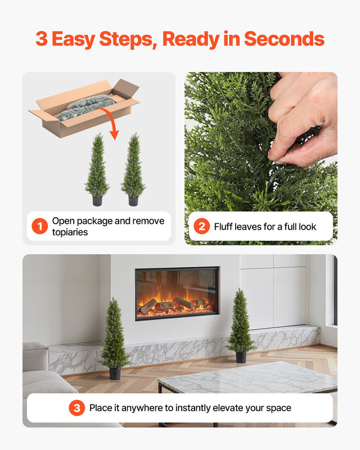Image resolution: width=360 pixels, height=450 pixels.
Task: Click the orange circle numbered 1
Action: (39, 227)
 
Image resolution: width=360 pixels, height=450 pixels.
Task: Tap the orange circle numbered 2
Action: (201, 227)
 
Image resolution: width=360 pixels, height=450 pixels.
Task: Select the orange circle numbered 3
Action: (77, 408)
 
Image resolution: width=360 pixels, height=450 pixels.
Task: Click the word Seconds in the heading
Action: (284, 39)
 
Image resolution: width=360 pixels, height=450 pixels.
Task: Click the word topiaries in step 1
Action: (70, 232)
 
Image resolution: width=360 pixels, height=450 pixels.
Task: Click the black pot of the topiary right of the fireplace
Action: (241, 357)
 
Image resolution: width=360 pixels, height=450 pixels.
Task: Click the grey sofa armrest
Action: (35, 355)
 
